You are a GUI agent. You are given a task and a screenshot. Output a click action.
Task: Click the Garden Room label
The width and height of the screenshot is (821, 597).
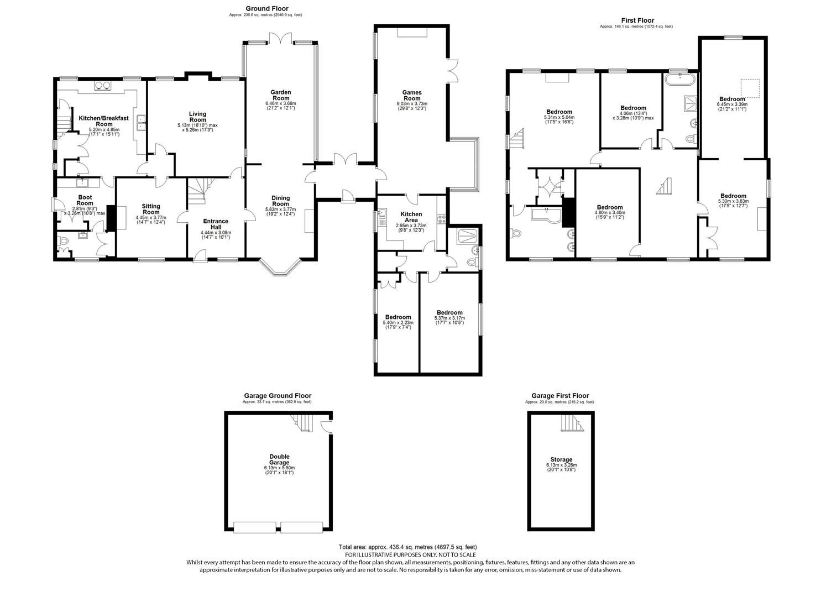tap(281, 95)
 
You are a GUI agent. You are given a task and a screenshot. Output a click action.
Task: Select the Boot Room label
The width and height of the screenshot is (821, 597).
tap(85, 200)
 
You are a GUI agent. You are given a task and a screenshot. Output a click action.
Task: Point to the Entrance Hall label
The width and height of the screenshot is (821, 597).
tap(216, 224)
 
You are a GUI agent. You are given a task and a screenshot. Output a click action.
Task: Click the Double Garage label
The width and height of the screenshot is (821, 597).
tap(279, 459)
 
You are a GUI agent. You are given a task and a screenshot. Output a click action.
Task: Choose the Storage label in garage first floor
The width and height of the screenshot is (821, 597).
tap(561, 459)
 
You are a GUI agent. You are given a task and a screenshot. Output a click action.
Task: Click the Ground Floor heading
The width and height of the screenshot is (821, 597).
tap(267, 8)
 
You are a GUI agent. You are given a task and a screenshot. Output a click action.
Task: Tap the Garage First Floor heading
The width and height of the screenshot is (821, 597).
tap(560, 396)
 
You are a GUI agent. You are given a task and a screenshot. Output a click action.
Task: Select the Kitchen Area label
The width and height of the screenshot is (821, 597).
tap(411, 217)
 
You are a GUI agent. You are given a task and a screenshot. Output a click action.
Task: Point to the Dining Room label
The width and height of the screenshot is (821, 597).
tap(281, 201)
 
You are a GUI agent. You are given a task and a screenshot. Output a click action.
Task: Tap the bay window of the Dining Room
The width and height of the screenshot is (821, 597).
tap(281, 268)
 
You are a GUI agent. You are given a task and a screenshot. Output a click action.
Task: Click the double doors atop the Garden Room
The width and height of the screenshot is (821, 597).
tap(281, 39)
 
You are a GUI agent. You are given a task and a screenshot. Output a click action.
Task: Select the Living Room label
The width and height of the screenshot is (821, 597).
tap(198, 117)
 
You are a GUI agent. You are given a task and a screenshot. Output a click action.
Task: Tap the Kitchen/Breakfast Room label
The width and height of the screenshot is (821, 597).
tap(103, 121)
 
